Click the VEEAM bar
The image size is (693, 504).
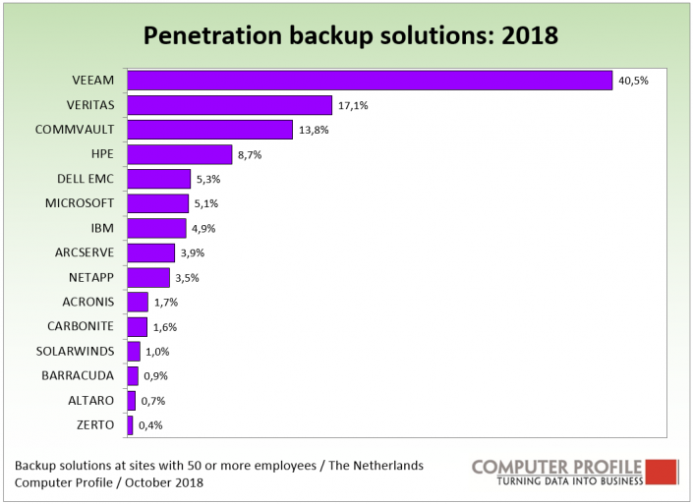coord(370,81)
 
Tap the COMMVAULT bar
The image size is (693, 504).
coord(210,130)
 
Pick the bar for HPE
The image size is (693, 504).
coord(180,154)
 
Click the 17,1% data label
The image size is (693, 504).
coord(353,106)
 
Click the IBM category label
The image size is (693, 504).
coord(102,228)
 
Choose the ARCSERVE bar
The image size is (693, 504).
coord(151,252)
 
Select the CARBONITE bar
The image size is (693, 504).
coord(138,326)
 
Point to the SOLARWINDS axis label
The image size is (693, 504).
coord(79,351)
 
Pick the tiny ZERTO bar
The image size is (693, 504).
coord(130,424)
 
